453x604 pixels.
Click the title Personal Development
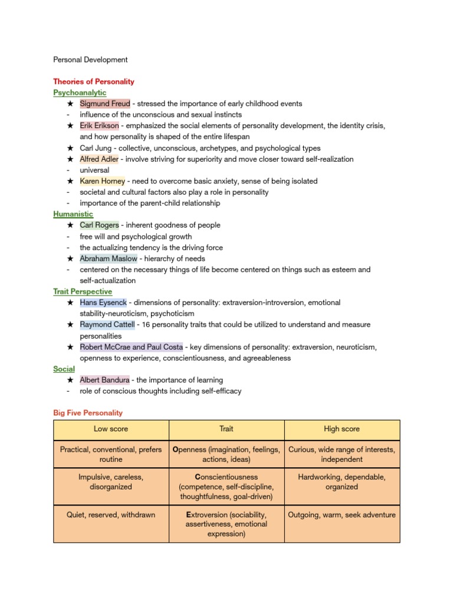(90, 60)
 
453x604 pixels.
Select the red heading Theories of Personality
(94, 81)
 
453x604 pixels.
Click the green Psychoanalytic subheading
(80, 93)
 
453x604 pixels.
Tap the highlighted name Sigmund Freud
(104, 104)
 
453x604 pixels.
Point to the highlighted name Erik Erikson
(99, 126)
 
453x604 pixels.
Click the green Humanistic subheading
(73, 214)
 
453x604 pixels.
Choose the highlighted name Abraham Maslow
(108, 258)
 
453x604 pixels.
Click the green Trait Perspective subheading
(83, 291)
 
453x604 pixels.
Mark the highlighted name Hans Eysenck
(103, 303)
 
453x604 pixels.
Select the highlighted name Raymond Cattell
(107, 324)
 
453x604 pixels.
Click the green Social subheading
(64, 369)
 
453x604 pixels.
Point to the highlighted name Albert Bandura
(104, 380)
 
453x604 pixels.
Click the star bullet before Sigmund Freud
(70, 104)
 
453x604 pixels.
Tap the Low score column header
(111, 429)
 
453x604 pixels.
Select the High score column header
(342, 429)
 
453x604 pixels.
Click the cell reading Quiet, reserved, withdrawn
(111, 515)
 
